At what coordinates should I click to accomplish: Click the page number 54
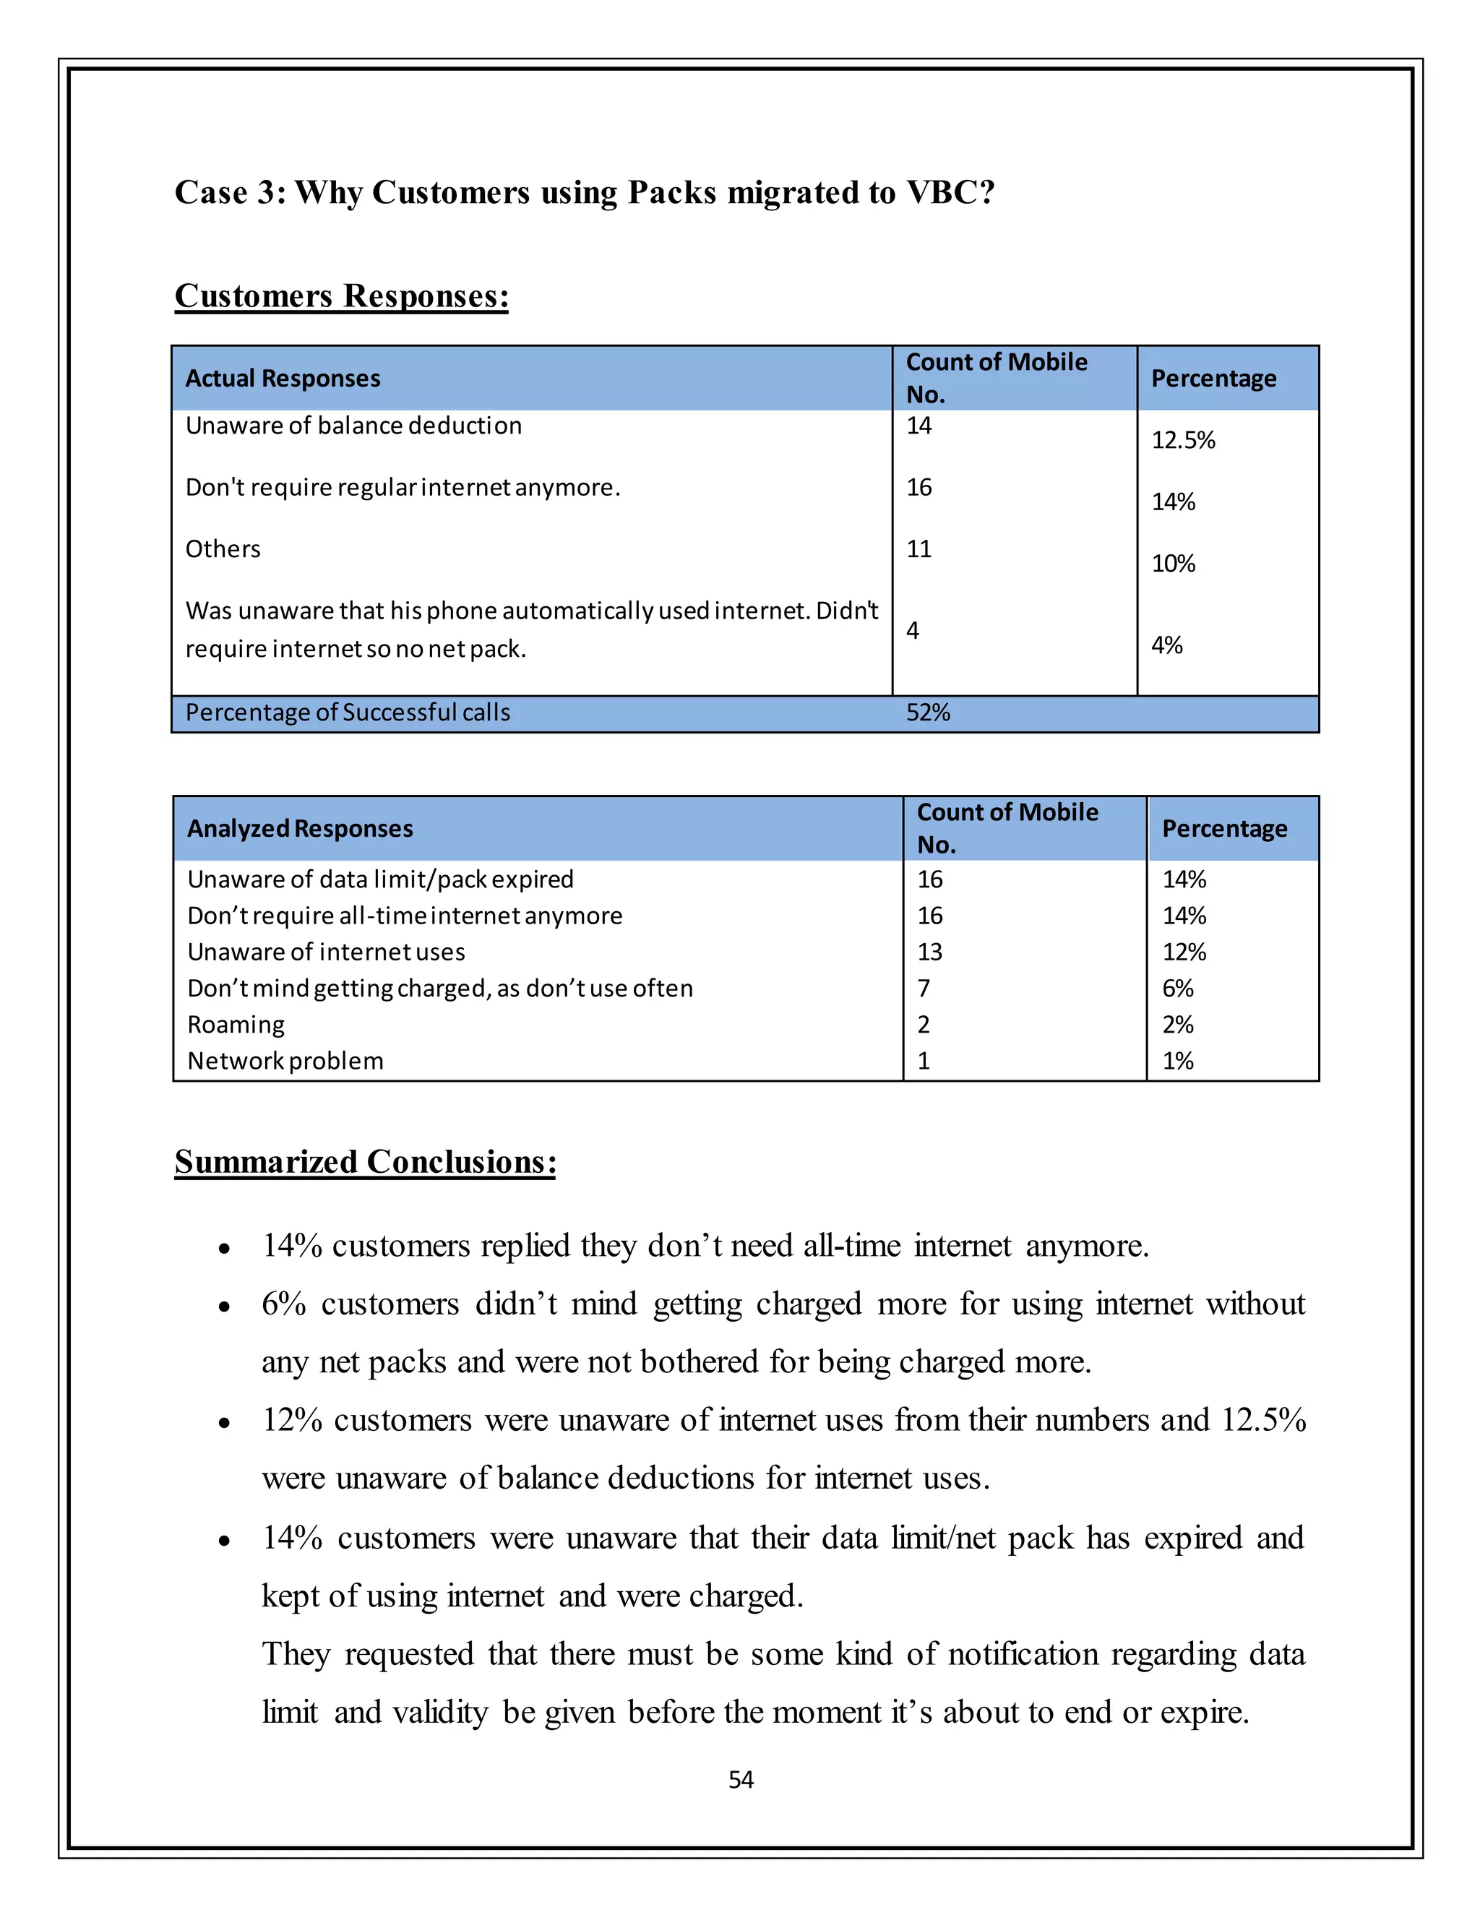point(741,1779)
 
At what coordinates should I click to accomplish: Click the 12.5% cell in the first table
point(1183,440)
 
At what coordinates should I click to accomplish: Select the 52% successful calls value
point(928,713)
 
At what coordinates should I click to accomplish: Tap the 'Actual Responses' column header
point(283,379)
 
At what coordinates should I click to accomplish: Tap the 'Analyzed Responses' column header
point(300,829)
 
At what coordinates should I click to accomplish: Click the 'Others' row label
point(223,550)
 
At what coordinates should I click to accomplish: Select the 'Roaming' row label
point(236,1025)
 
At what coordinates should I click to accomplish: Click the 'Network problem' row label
point(285,1062)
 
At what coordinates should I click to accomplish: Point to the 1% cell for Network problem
point(1177,1062)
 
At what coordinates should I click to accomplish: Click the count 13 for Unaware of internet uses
point(929,952)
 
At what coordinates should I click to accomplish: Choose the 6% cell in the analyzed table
point(1177,989)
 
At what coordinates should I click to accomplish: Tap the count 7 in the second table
point(924,989)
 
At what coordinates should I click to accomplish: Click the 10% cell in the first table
point(1173,564)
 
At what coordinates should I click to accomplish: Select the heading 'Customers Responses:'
point(341,296)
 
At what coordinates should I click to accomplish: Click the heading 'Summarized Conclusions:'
point(365,1162)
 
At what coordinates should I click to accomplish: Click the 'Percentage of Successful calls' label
point(347,713)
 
